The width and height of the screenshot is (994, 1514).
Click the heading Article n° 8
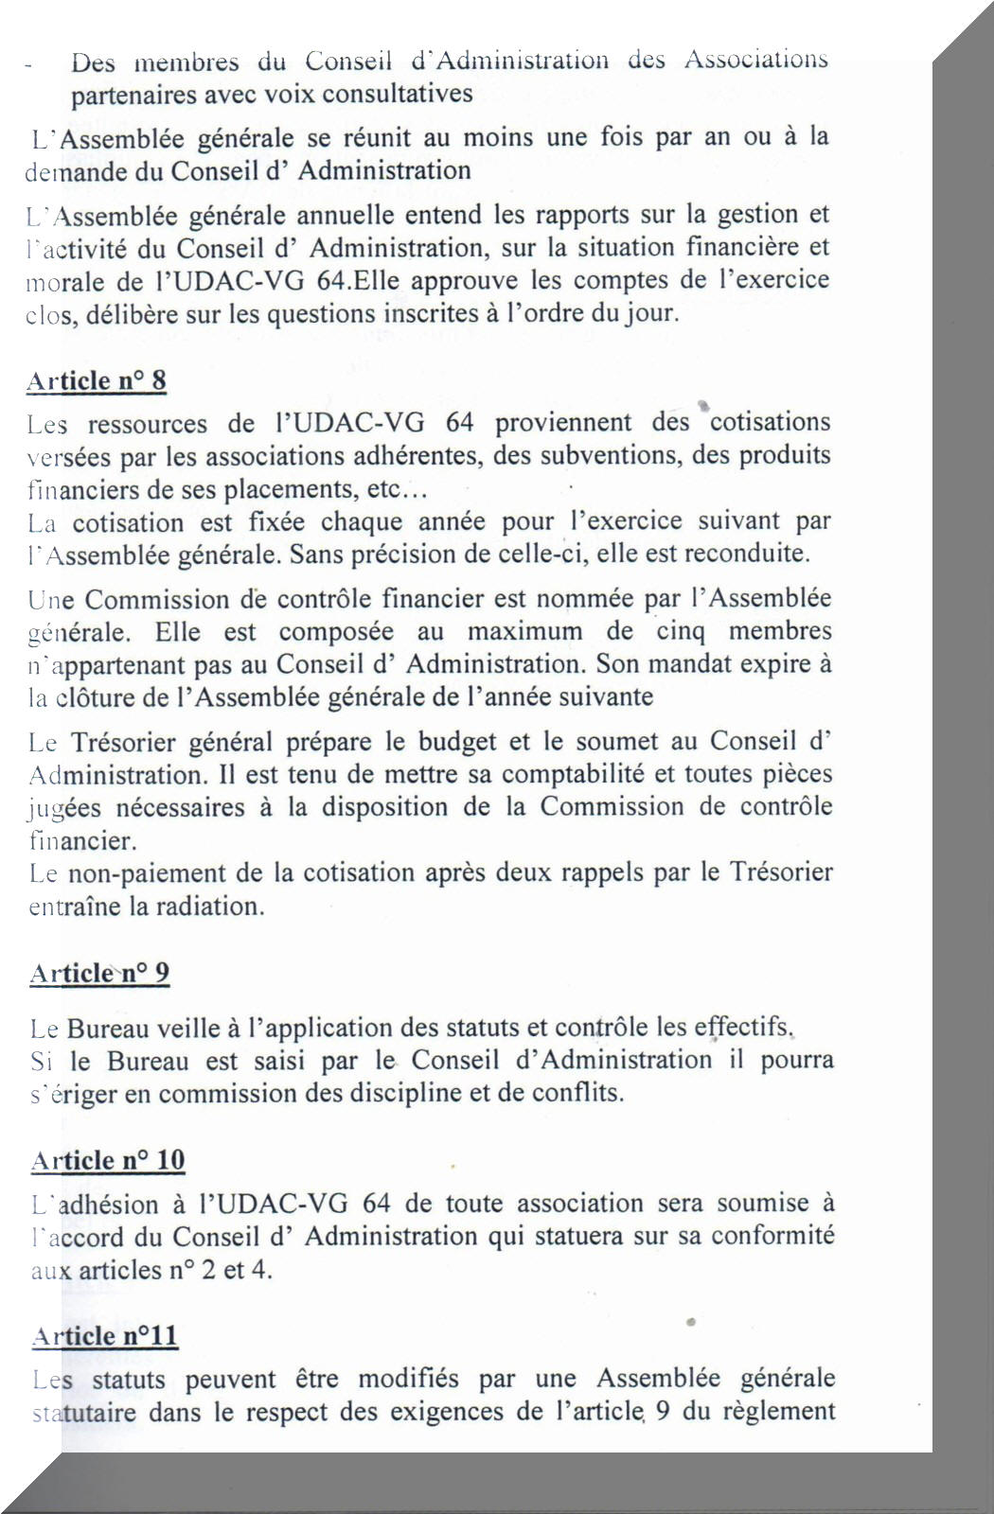97,380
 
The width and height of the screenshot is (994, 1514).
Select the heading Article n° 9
99,973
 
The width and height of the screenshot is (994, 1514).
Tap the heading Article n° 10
108,1160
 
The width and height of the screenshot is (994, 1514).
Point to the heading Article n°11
105,1335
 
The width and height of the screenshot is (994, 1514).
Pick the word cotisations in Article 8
770,422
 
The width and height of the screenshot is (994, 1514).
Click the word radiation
207,906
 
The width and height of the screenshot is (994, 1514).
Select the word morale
57,281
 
